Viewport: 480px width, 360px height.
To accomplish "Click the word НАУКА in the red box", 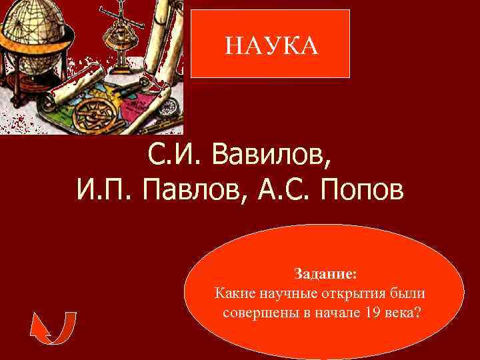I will point(271,45).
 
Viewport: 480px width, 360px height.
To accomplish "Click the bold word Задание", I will point(325,273).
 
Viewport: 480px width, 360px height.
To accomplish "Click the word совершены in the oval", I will point(257,313).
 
